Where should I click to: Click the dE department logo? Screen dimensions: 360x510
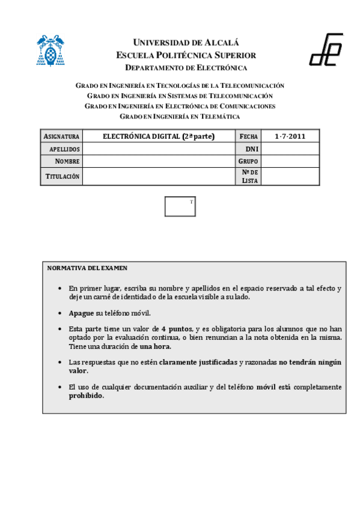click(326, 50)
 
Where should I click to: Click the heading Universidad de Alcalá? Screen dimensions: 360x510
click(186, 43)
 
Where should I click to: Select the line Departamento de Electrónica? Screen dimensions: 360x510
click(186, 67)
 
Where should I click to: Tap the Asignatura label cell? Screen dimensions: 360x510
click(61, 137)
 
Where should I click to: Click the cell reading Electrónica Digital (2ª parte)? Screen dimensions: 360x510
click(159, 137)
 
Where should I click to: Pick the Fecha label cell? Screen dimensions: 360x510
click(248, 137)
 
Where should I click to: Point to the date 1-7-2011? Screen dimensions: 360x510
click(290, 137)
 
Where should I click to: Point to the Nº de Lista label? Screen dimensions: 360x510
click(249, 176)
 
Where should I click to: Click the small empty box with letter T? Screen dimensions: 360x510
click(180, 206)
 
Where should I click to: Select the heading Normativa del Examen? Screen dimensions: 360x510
click(87, 268)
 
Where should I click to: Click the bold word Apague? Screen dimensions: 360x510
click(81, 313)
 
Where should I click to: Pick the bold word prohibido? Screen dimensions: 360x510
click(86, 396)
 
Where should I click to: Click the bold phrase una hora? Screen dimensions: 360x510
click(156, 346)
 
